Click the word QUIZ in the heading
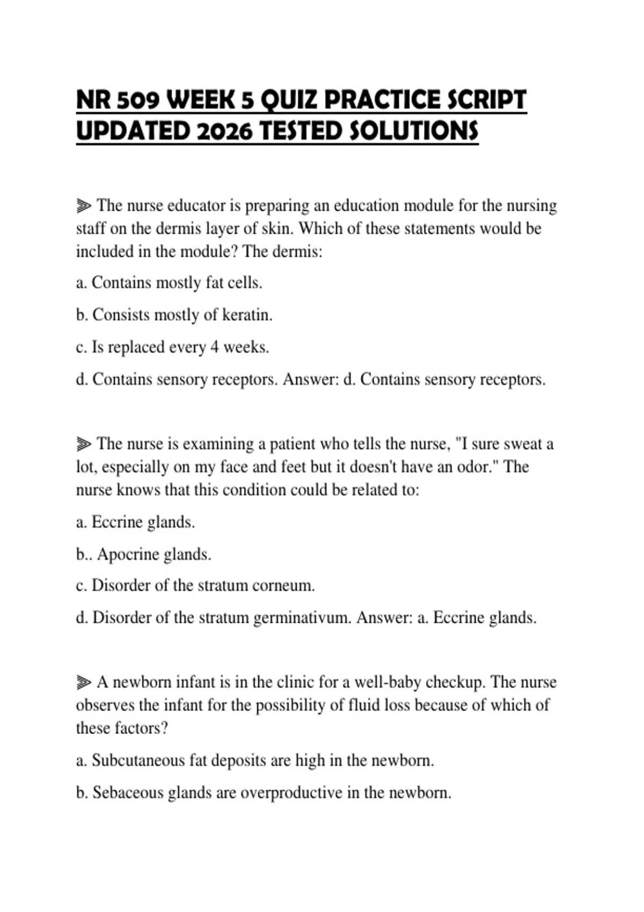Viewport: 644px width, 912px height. (x=290, y=100)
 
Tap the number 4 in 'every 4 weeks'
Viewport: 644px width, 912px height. (x=214, y=347)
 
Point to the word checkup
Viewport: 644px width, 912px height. (x=455, y=682)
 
